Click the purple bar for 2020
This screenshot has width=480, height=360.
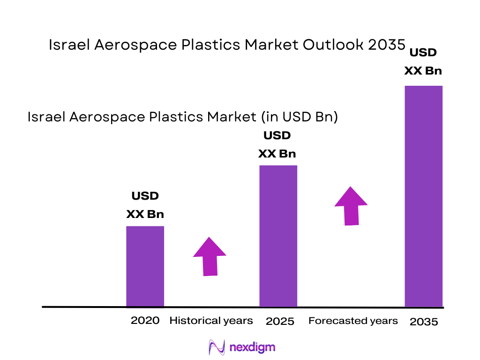pyautogui.click(x=145, y=266)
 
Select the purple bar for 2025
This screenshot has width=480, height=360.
pyautogui.click(x=278, y=236)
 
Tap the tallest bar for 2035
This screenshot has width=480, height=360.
pyautogui.click(x=423, y=196)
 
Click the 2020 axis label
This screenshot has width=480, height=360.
pyautogui.click(x=145, y=321)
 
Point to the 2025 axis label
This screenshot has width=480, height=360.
pyautogui.click(x=280, y=321)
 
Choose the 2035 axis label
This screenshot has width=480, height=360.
pyautogui.click(x=423, y=322)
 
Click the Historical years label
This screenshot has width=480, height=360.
pyautogui.click(x=211, y=321)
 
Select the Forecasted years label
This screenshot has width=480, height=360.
pyautogui.click(x=353, y=321)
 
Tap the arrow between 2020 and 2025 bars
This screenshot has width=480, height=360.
pyautogui.click(x=209, y=256)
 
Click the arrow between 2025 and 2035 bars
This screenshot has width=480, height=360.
pyautogui.click(x=351, y=206)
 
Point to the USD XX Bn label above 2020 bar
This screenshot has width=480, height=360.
pyautogui.click(x=145, y=205)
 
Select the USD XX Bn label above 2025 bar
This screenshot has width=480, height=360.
pyautogui.click(x=277, y=145)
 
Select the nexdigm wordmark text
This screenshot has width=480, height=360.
pyautogui.click(x=253, y=347)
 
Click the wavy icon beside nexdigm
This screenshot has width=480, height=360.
pyautogui.click(x=217, y=347)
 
